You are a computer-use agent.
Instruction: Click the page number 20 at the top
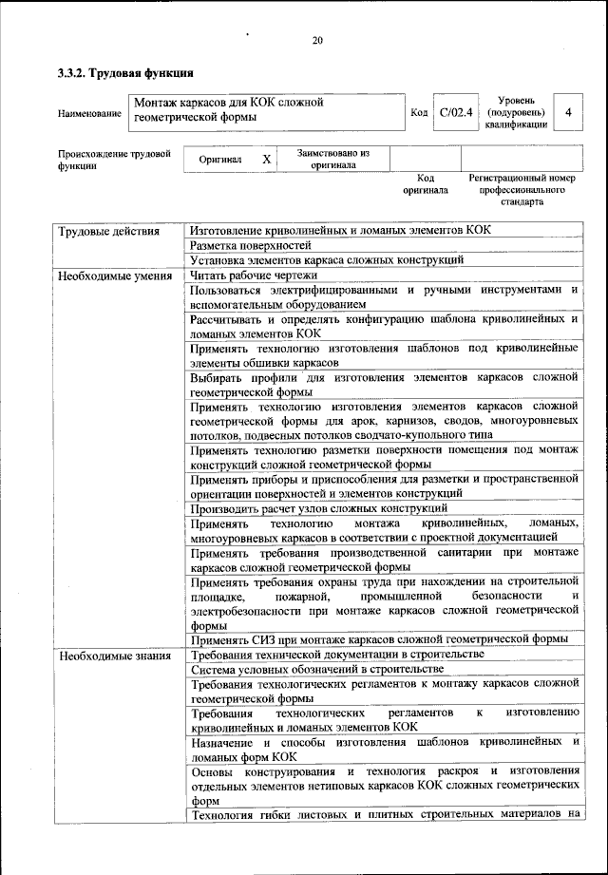317,40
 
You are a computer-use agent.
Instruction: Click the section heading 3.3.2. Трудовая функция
125,72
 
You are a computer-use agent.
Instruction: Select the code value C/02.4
456,113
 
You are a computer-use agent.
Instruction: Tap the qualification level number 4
567,113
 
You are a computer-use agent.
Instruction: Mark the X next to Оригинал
267,160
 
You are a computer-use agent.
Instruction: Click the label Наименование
89,114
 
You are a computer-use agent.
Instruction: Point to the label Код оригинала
425,183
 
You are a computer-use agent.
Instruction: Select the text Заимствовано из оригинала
332,159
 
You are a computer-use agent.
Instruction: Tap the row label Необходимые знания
114,656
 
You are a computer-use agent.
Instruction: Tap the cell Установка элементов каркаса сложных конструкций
327,259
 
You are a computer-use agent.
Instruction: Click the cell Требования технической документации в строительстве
337,655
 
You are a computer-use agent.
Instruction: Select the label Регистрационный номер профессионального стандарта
522,189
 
